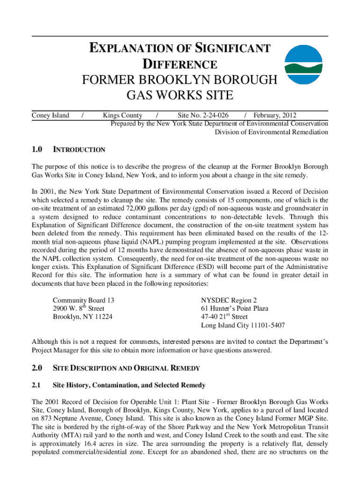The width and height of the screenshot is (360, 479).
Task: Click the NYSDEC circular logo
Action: pos(304,65)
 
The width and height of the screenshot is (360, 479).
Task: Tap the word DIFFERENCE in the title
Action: pos(180,65)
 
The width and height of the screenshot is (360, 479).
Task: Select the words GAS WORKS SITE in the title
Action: pos(180,95)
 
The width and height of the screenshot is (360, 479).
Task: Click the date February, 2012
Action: pos(274,116)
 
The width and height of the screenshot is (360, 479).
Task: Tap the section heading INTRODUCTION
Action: pos(79,150)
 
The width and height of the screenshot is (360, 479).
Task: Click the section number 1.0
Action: pos(37,150)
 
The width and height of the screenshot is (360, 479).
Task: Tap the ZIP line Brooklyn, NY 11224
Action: pos(82,317)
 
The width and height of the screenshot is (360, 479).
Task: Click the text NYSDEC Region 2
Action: pos(229,300)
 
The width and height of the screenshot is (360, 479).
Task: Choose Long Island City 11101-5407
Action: pos(243,325)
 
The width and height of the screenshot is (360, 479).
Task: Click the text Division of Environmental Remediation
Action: pos(271,132)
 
